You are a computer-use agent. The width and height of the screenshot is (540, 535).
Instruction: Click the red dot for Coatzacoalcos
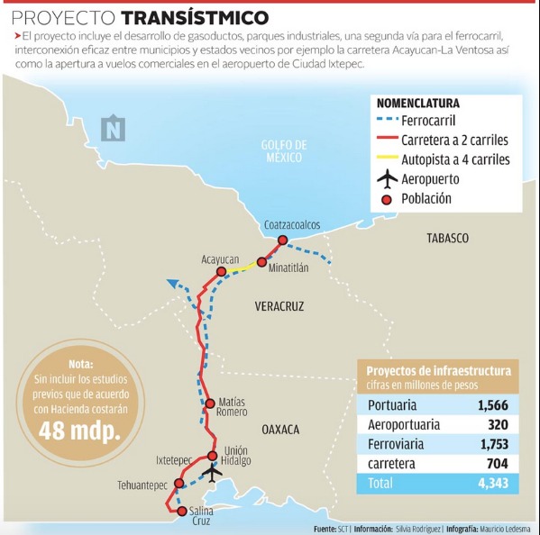point(282,240)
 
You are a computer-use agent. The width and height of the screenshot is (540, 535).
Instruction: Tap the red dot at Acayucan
point(220,271)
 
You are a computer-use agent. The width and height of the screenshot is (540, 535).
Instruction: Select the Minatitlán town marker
point(261,262)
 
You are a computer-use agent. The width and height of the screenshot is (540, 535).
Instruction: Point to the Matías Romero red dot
point(209,403)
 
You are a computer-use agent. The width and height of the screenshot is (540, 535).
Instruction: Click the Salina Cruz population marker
point(182,511)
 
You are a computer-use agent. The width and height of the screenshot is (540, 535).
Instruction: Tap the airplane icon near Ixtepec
point(213,472)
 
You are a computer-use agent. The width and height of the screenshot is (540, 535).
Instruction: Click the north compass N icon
point(114,129)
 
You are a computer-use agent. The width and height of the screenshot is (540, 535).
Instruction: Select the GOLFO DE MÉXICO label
point(284,151)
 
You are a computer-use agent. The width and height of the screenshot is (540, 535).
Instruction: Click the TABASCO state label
point(448,238)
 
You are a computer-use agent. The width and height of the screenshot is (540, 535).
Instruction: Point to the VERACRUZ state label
point(279,306)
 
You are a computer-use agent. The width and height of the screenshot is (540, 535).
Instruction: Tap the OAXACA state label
point(280,430)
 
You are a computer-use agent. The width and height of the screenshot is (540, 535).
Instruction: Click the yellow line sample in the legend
point(390,159)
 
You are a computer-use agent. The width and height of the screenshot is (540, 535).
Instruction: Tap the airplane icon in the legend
point(388,178)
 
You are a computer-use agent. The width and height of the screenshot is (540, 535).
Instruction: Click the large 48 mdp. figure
point(79,431)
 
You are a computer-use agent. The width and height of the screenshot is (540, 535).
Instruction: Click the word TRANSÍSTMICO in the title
point(194,17)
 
